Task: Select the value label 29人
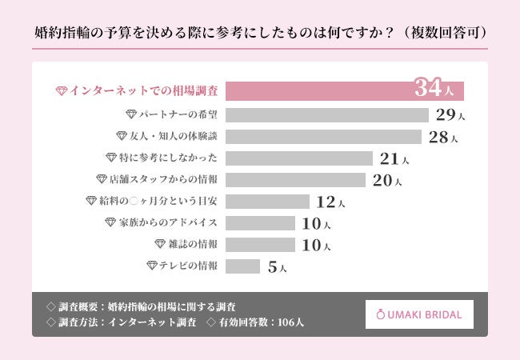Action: [x=450, y=114]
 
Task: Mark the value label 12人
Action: [x=330, y=202]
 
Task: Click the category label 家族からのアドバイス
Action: [x=167, y=222]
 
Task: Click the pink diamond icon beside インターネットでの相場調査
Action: [x=61, y=90]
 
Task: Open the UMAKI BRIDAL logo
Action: [x=419, y=314]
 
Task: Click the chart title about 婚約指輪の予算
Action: [x=260, y=33]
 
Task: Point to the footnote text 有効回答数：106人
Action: [x=260, y=322]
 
